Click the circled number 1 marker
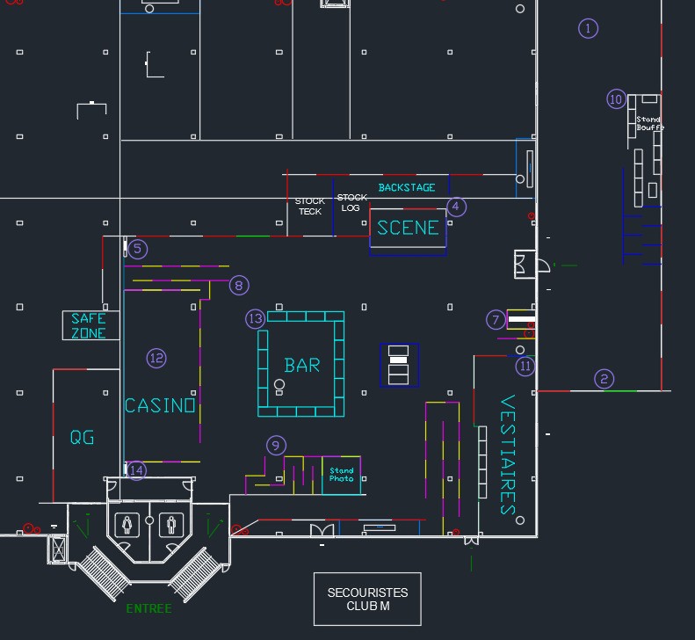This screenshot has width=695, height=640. [x=588, y=28]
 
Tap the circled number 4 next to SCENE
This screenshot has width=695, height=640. [x=456, y=207]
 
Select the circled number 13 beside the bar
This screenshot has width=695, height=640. [x=256, y=319]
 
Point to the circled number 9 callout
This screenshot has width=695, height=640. [x=276, y=446]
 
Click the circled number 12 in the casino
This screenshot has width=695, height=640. [x=156, y=359]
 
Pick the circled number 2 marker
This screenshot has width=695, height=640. [x=604, y=379]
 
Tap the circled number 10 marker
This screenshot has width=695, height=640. [x=616, y=99]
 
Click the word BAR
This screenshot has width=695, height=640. [x=302, y=366]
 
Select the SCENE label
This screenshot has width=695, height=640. [x=408, y=228]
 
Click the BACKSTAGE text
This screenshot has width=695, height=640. [x=407, y=187]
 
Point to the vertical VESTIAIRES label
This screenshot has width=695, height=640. [x=508, y=455]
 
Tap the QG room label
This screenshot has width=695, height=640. [x=82, y=438]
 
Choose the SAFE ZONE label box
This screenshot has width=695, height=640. [x=90, y=325]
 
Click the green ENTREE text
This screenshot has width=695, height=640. [x=149, y=608]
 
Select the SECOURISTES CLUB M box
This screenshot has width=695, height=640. [x=367, y=600]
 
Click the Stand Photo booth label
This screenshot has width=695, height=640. [x=341, y=475]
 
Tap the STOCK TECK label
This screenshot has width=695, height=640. [x=310, y=207]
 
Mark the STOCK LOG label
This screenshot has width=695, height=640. [x=351, y=203]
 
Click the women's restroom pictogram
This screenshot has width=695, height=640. [x=127, y=525]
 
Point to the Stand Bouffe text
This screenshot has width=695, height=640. [x=650, y=123]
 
